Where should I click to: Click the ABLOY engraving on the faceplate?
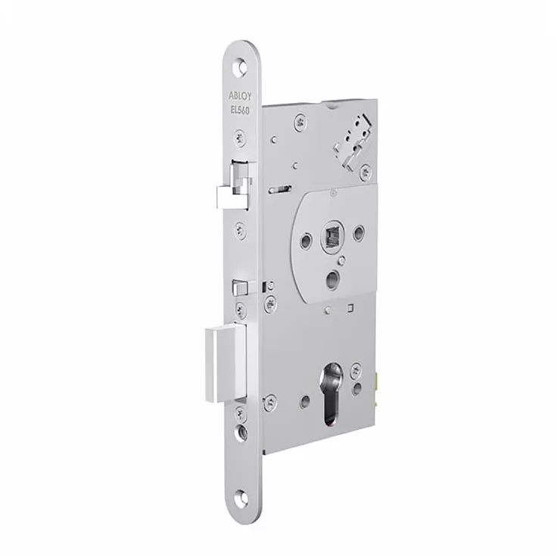pos(240,96)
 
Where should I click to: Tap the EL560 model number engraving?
pos(240,110)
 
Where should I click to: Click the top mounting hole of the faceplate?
pos(241,67)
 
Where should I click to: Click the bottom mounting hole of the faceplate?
pos(241,497)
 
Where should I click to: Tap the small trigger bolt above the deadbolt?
pos(240,288)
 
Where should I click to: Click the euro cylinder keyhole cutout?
pos(332,394)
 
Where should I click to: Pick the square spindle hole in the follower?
pos(332,235)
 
